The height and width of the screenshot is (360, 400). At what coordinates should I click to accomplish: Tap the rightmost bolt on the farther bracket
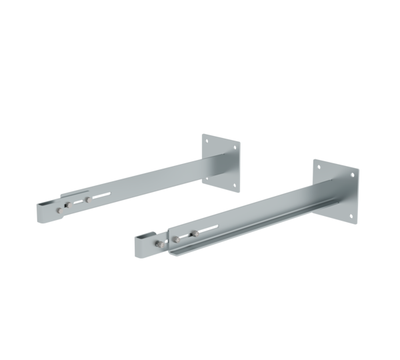[x=88, y=199]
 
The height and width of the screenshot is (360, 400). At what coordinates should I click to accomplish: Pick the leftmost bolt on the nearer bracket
[x=160, y=245]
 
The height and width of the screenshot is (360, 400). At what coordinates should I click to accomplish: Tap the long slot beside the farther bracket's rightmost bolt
[x=100, y=195]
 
